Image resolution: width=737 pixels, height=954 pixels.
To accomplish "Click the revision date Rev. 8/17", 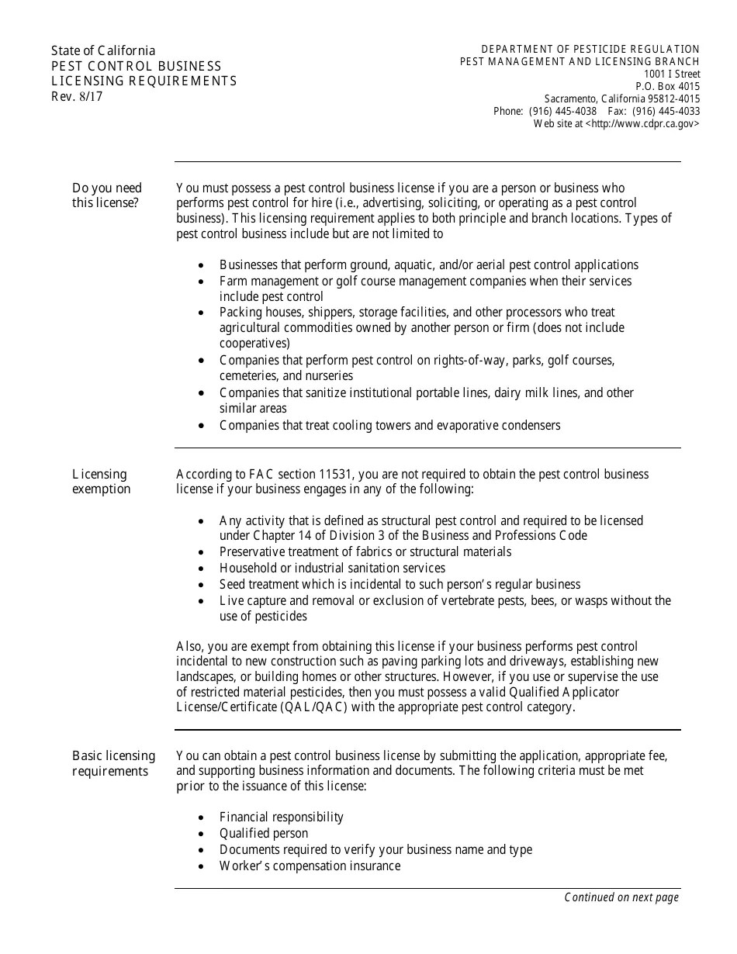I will tap(77, 97).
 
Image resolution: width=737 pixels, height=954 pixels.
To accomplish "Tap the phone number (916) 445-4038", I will tap(562, 111).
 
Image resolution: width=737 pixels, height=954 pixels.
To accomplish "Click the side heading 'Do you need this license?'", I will tap(107, 195).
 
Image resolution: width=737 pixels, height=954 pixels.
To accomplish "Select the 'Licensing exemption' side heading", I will tap(102, 482).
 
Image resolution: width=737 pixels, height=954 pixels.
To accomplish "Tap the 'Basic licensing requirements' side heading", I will tap(113, 763).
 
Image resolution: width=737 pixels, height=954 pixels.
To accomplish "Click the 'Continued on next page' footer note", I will tap(621, 897).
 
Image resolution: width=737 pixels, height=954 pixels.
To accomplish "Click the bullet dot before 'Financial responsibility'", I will tap(202, 817).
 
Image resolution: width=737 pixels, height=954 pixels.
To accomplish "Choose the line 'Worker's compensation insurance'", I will tap(310, 866).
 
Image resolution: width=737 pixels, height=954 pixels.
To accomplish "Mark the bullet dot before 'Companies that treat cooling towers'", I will tap(202, 426).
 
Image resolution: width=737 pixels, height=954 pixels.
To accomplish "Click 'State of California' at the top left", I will tap(103, 51).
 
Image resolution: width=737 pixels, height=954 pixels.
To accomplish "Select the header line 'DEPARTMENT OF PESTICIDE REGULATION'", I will tap(590, 49).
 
